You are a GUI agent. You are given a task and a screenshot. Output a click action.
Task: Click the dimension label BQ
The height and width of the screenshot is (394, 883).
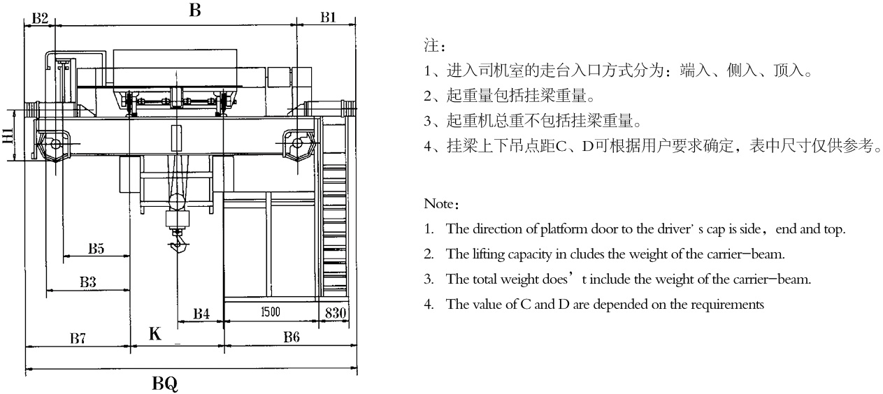[x=165, y=383]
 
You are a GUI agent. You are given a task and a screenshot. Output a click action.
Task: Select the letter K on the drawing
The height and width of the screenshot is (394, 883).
[x=155, y=334]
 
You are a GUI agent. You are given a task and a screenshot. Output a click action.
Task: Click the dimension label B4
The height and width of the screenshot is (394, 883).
[x=201, y=314]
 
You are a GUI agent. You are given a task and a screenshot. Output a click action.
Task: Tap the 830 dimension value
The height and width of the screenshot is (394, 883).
[x=336, y=313]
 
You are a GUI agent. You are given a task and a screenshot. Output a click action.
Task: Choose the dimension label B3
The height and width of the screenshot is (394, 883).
[x=87, y=282]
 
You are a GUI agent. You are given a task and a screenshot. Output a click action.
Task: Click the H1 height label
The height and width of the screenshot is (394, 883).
[x=7, y=135]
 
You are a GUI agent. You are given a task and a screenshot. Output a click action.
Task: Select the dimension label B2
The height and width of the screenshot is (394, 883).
[x=41, y=18]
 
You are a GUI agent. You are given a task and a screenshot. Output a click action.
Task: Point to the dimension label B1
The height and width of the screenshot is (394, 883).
[x=329, y=18]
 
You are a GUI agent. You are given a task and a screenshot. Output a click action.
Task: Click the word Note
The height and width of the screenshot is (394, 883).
[x=440, y=205]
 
